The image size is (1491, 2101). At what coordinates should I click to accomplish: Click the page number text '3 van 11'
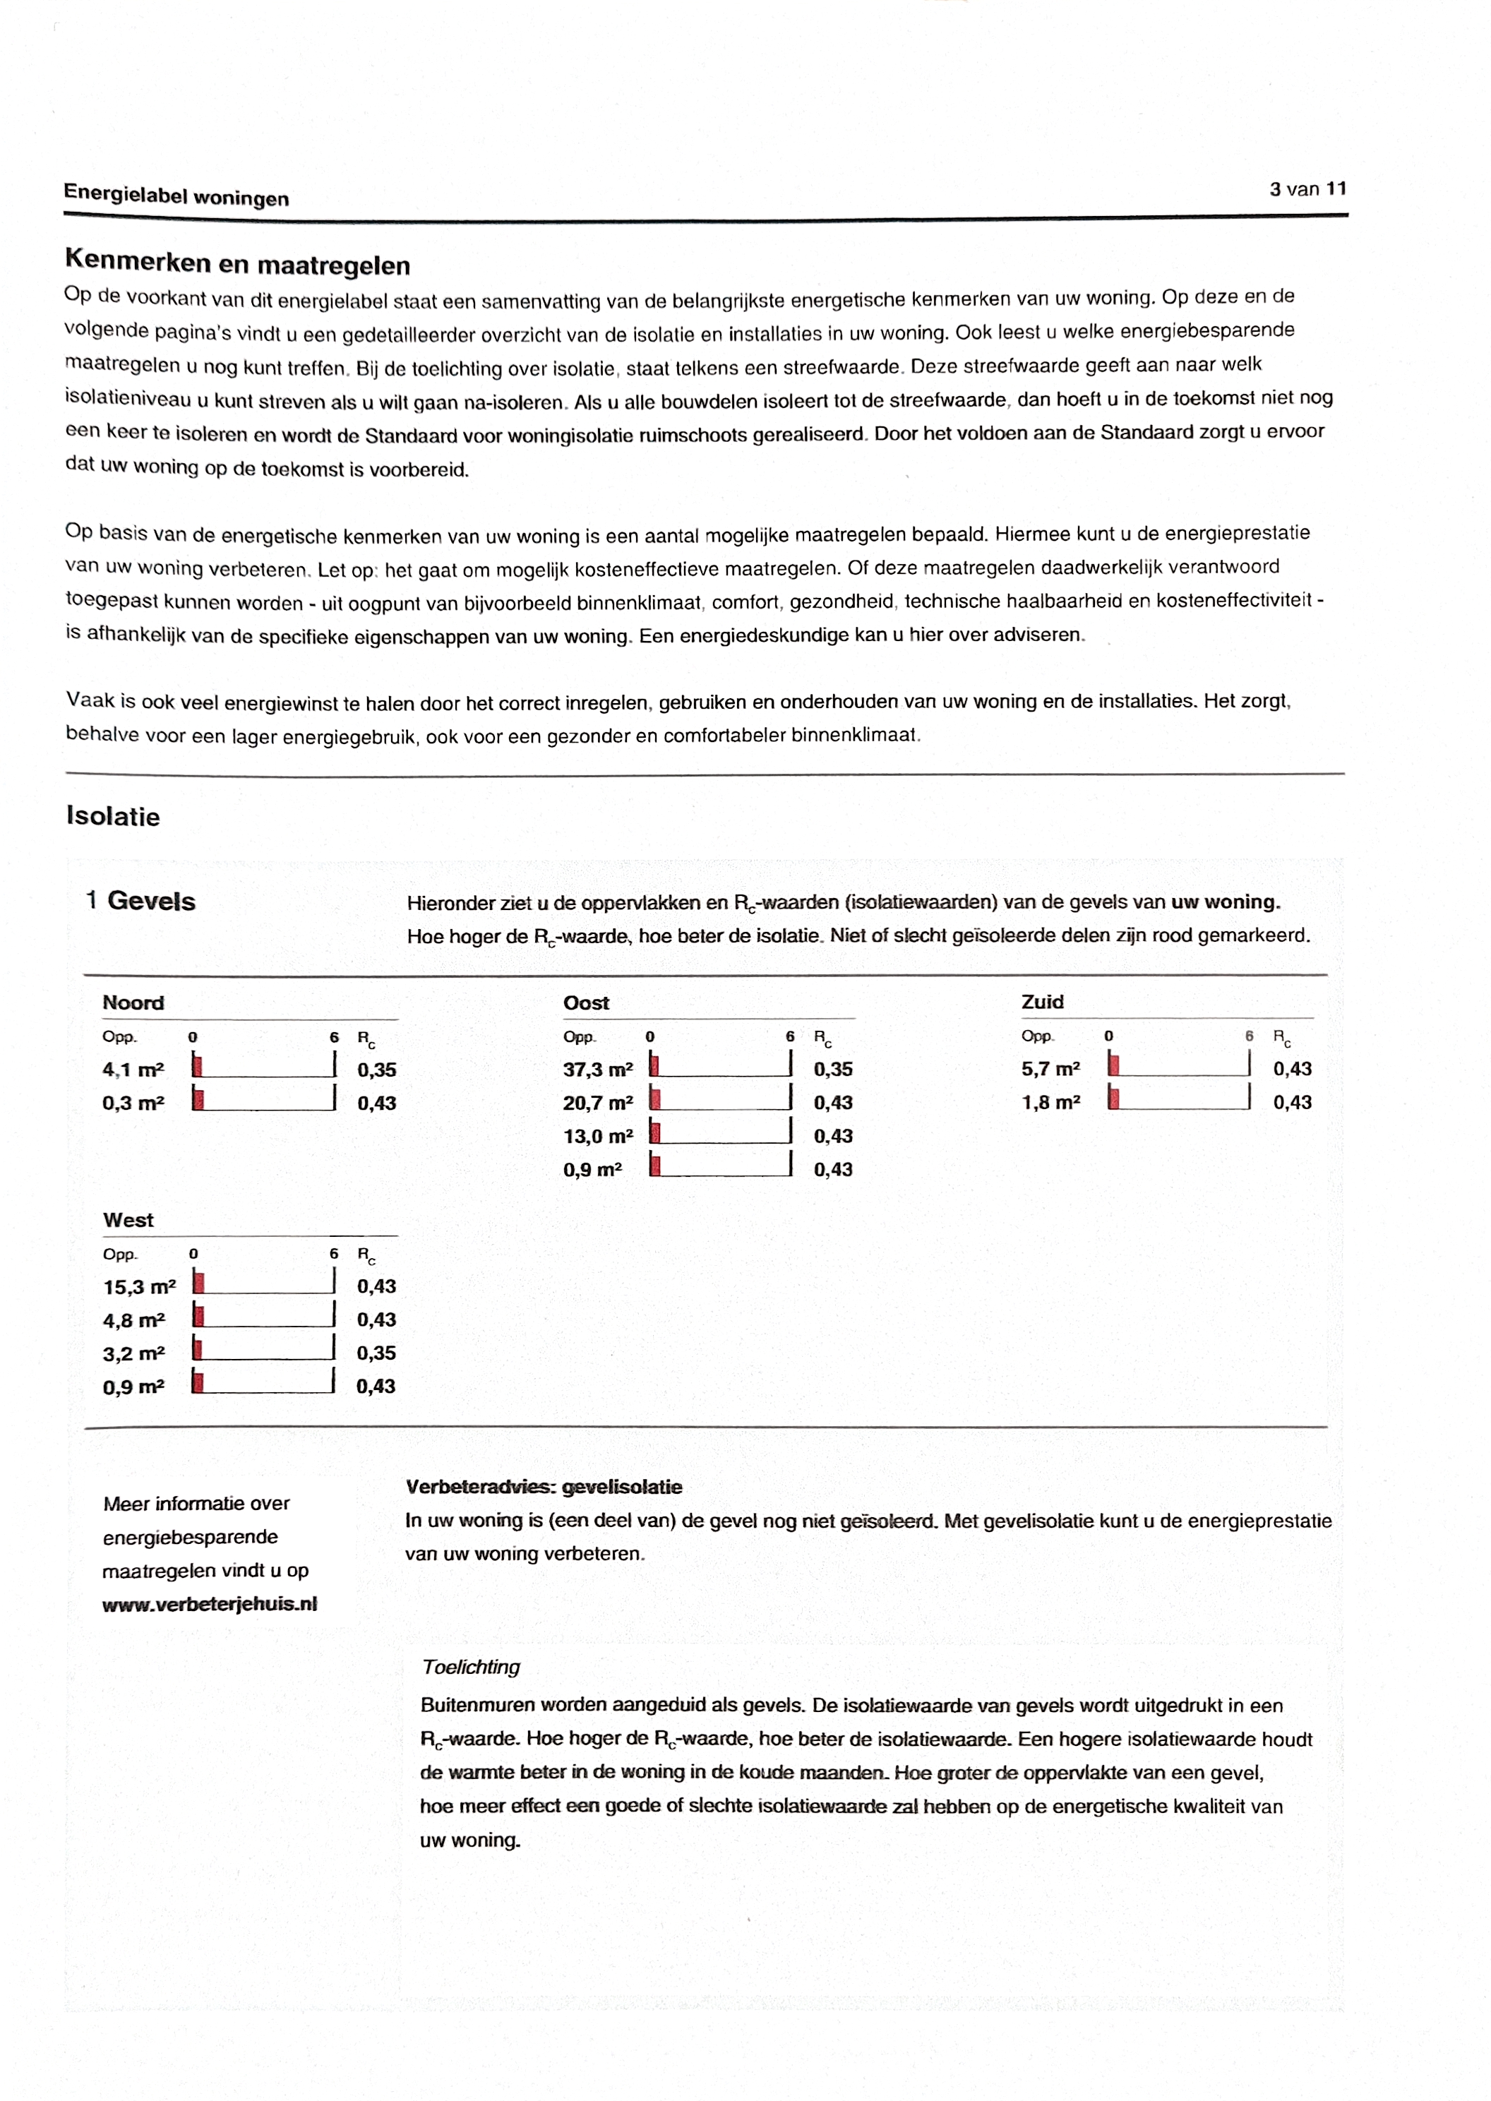[1307, 189]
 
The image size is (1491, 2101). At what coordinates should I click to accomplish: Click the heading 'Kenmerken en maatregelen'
[237, 263]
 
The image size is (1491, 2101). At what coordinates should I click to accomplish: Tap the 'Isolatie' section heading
[113, 816]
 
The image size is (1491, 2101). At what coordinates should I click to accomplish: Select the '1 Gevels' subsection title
[140, 900]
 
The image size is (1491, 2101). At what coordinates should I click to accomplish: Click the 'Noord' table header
[133, 1002]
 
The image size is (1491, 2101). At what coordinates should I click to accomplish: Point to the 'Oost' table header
[586, 1002]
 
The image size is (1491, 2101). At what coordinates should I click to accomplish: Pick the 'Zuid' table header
[1042, 1001]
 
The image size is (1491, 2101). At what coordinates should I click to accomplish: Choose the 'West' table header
[128, 1220]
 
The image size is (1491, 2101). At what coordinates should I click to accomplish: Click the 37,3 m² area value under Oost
[598, 1070]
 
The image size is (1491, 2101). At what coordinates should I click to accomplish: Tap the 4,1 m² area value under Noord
[133, 1070]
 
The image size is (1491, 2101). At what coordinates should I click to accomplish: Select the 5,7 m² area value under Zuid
[1050, 1068]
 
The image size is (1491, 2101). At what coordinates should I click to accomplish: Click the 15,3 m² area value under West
[138, 1287]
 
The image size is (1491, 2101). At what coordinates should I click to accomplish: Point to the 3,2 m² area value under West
[133, 1354]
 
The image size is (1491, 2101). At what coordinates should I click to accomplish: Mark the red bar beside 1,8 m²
[1113, 1098]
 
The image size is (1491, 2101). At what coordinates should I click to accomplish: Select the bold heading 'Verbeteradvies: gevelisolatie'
[544, 1487]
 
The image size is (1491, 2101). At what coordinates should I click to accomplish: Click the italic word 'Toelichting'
[470, 1667]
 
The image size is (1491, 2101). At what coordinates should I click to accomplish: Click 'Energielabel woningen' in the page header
[176, 196]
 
